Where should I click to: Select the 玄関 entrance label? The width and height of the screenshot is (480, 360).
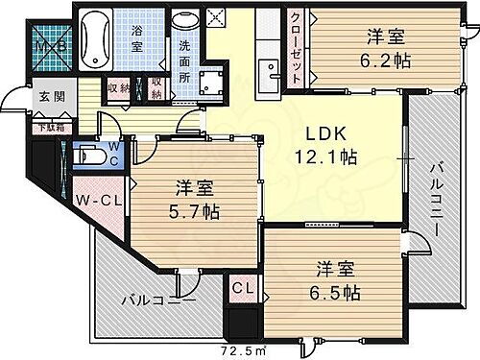[x=50, y=97]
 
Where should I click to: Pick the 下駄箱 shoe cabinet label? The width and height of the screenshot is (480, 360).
[x=48, y=126]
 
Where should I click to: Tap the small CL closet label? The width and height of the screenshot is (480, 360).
[x=240, y=286]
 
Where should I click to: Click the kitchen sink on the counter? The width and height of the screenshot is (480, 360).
[x=269, y=66]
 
